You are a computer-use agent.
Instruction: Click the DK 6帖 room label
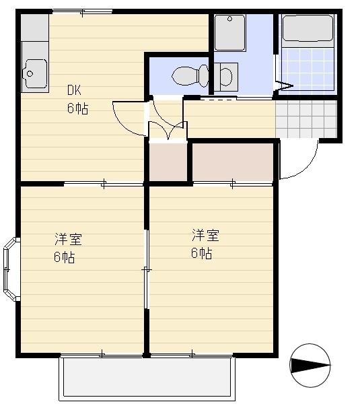[77, 99]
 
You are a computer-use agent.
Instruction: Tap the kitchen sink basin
[34, 69]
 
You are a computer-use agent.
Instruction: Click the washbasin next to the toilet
[226, 75]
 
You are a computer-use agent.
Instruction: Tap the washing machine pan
[229, 32]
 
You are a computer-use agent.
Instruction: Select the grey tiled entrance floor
[306, 119]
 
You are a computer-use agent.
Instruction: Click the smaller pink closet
[168, 162]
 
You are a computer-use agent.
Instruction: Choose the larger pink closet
[233, 162]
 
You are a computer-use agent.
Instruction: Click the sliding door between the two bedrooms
[145, 269]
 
